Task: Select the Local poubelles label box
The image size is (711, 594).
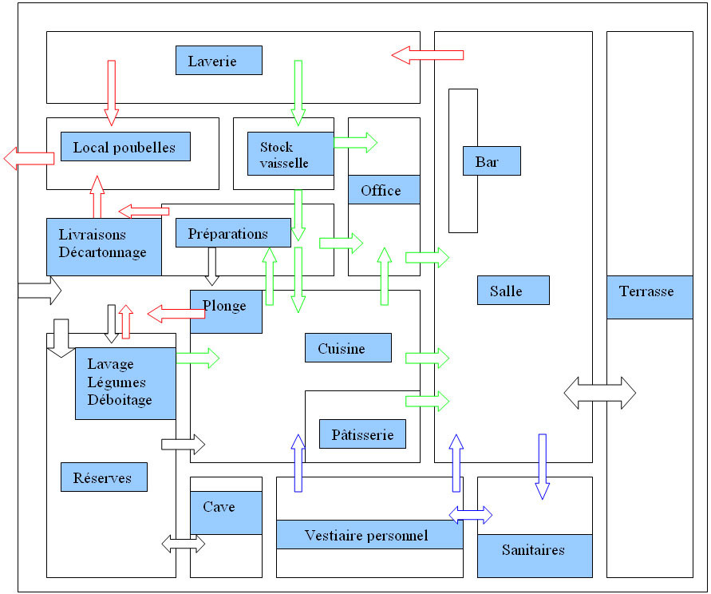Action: pos(125,147)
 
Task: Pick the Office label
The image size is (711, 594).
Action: pos(384,190)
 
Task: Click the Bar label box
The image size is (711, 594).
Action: pos(492,161)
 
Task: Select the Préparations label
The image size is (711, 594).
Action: pos(233,233)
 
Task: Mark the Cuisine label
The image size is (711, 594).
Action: pos(348,348)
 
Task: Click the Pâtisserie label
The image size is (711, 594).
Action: pos(362,434)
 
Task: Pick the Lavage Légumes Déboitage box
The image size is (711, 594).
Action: pos(125,383)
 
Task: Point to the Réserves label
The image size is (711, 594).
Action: pos(104,477)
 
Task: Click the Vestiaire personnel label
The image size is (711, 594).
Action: pos(369,535)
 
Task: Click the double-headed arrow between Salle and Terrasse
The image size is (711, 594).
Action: pos(600,393)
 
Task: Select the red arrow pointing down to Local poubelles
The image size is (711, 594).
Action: pos(111,92)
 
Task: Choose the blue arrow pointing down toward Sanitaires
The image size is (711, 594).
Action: pos(543,465)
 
